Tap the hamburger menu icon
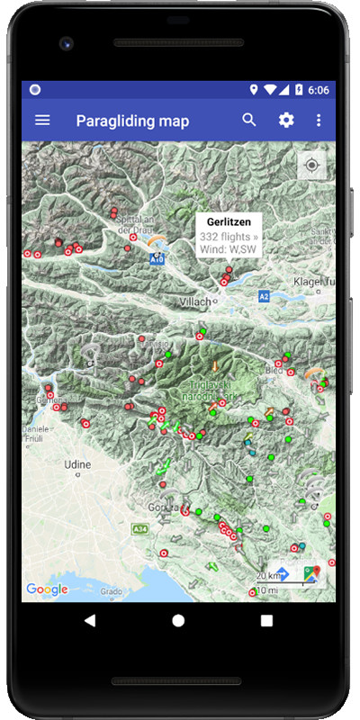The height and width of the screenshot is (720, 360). [x=42, y=120]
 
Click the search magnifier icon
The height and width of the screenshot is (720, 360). [x=249, y=120]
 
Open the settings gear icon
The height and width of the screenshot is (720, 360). [x=286, y=120]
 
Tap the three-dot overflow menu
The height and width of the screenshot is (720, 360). [x=319, y=120]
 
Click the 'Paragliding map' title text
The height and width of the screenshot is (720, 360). [x=132, y=121]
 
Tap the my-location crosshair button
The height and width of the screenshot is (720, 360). [x=312, y=166]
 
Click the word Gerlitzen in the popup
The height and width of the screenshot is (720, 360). [x=229, y=221]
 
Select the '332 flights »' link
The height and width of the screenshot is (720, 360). [x=229, y=236]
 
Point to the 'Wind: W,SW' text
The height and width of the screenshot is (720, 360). [x=229, y=249]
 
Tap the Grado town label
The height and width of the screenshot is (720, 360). [x=112, y=592]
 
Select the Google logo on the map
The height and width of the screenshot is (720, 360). [x=47, y=589]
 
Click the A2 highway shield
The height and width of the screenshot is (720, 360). [x=264, y=295]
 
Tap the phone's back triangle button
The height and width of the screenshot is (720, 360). [x=90, y=620]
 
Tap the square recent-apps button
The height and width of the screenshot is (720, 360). [x=266, y=620]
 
